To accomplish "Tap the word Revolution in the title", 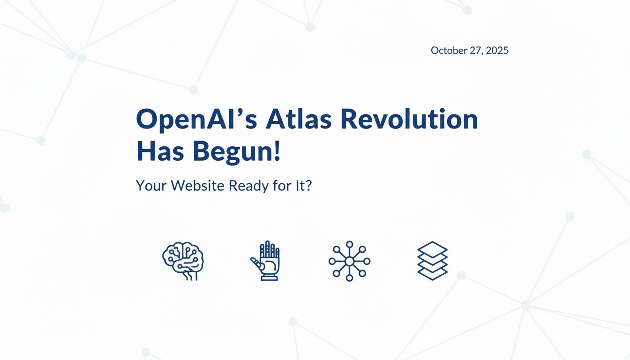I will tap(408, 120).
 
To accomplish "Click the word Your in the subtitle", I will tap(151, 186).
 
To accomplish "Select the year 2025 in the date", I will tap(497, 51).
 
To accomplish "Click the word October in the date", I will tap(448, 51).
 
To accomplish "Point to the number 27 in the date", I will tap(476, 51).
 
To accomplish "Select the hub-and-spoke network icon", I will tap(349, 261).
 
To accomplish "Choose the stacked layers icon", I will tap(432, 261).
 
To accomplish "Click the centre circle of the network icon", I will tap(349, 261).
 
